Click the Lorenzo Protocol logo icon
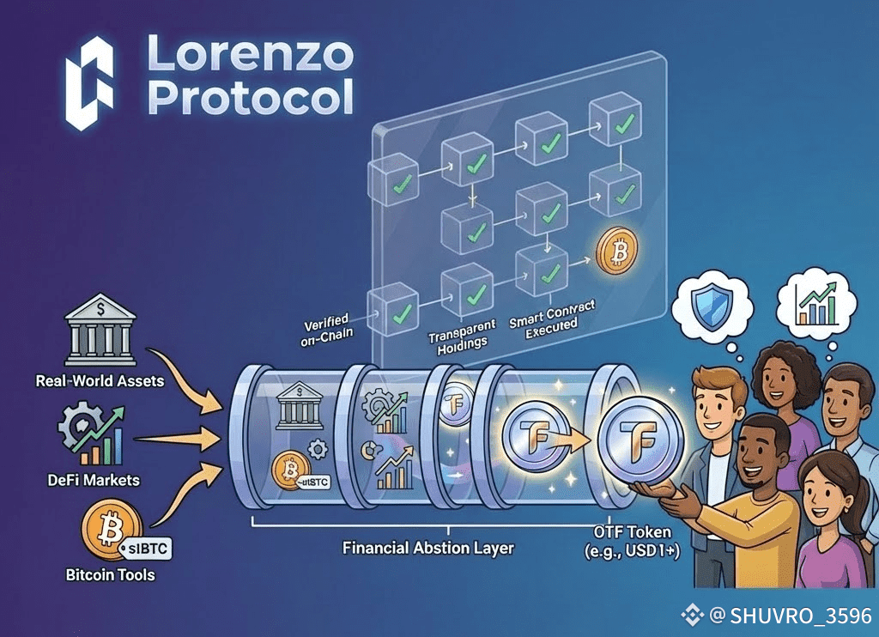tap(90, 83)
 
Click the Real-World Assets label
tap(100, 379)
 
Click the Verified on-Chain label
tap(330, 331)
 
